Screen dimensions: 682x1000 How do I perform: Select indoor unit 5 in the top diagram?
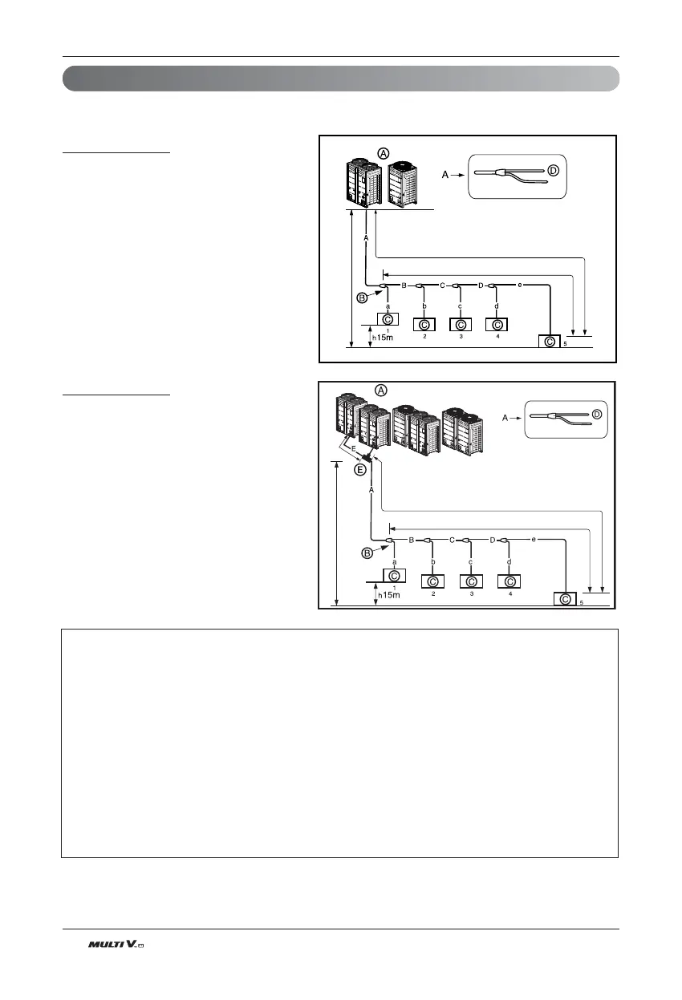[x=550, y=342]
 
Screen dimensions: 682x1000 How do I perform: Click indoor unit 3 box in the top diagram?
[x=461, y=325]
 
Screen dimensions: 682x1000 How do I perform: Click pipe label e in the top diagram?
[x=520, y=285]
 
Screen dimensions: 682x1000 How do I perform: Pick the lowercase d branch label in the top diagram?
[x=497, y=306]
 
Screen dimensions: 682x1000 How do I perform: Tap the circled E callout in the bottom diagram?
[x=361, y=469]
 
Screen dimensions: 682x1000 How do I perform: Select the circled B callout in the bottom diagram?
[x=367, y=553]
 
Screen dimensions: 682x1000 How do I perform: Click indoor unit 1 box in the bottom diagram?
[x=394, y=575]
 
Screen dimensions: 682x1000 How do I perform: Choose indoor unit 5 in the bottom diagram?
[x=566, y=599]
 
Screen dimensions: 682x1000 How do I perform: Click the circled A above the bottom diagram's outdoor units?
[x=382, y=390]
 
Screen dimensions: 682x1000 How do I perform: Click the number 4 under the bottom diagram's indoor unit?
[x=510, y=594]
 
